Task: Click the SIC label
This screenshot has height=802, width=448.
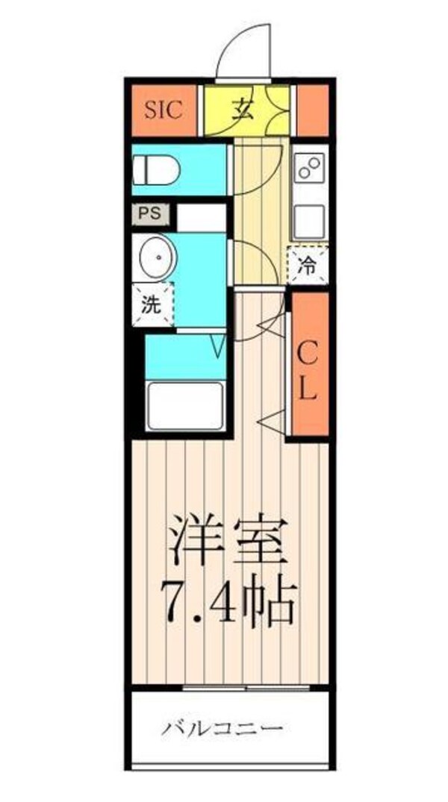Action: pos(164,111)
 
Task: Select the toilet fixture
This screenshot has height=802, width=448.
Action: pos(157,169)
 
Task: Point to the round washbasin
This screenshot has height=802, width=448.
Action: pos(156,257)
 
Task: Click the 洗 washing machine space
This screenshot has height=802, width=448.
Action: pos(152,304)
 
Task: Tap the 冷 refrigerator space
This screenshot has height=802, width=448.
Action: pos(308,263)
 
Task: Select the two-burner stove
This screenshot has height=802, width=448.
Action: pos(309,168)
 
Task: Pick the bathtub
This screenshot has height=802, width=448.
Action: pos(185,405)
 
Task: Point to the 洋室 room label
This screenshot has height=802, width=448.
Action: pos(228,541)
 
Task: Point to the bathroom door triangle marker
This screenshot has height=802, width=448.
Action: pos(218,345)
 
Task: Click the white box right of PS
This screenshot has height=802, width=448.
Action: pos(201,217)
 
